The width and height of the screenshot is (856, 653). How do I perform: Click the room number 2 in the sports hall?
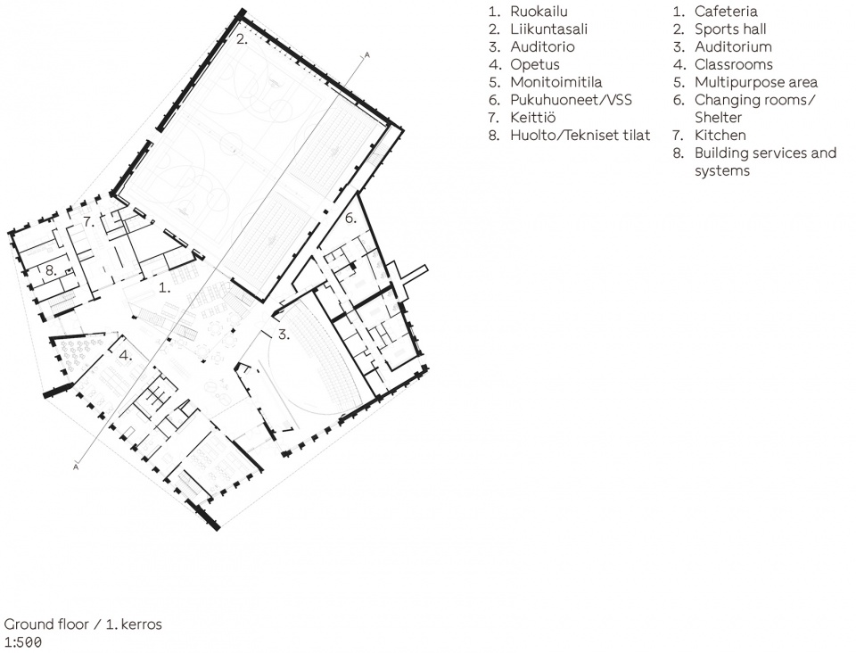242,39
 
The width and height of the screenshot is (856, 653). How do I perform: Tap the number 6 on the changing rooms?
350,219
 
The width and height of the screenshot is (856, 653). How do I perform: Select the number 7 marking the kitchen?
89,222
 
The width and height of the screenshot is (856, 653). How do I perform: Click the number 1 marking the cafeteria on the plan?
164,287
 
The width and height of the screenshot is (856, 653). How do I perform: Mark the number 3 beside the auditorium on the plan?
284,335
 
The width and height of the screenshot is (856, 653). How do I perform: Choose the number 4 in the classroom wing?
126,355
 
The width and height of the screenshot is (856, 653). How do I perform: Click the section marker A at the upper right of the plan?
366,55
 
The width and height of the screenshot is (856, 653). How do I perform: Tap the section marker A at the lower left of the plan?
76,467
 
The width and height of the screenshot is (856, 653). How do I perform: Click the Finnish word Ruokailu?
539,12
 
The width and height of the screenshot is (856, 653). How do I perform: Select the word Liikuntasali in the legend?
548,29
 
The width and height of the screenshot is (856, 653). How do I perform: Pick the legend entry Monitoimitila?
556,82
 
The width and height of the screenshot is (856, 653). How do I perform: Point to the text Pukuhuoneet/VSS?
571,100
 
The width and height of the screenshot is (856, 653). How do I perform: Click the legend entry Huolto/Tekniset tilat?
580,136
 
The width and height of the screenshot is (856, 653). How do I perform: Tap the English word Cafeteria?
726,12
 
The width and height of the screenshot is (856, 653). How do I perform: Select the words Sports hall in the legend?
730,29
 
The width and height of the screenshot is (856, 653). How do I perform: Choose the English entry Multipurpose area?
756,83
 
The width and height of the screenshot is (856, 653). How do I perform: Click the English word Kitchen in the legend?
720,136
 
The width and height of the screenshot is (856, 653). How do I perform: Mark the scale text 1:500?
23,642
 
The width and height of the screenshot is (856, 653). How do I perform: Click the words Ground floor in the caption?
46,624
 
